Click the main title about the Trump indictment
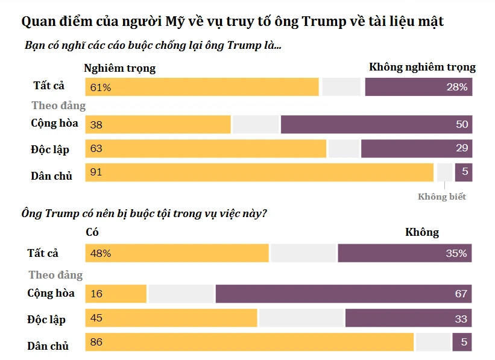click(232, 22)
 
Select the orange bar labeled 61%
click(202, 87)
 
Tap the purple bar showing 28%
click(418, 87)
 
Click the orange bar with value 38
click(158, 124)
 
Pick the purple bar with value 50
click(376, 124)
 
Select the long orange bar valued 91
click(259, 172)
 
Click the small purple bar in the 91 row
click(463, 172)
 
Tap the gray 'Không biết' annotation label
click(441, 197)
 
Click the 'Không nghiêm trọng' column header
click(422, 67)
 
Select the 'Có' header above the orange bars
click(92, 232)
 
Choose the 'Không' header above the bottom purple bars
click(422, 232)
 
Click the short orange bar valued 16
click(116, 294)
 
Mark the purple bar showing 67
click(343, 294)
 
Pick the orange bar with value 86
click(250, 342)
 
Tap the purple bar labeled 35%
click(405, 253)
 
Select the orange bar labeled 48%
click(177, 253)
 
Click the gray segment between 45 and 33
click(301, 318)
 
